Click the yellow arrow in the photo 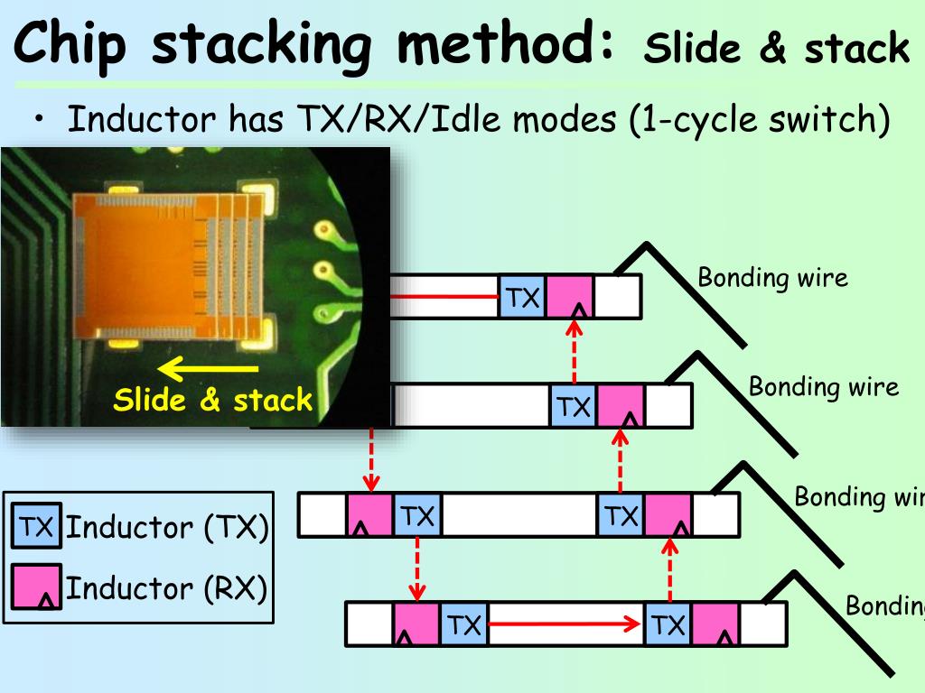click(209, 369)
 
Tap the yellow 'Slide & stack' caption click(212, 400)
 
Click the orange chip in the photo click(168, 267)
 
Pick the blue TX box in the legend click(36, 526)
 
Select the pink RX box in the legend click(36, 587)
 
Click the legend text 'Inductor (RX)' click(166, 587)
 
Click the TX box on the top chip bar click(522, 297)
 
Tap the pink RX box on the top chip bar click(570, 297)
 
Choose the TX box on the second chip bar click(574, 406)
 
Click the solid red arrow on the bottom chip click(565, 624)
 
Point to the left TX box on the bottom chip click(464, 624)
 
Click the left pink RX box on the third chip click(369, 515)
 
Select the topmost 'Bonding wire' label click(773, 277)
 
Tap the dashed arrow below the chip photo click(371, 459)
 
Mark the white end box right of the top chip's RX click(618, 297)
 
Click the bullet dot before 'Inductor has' click(39, 118)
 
